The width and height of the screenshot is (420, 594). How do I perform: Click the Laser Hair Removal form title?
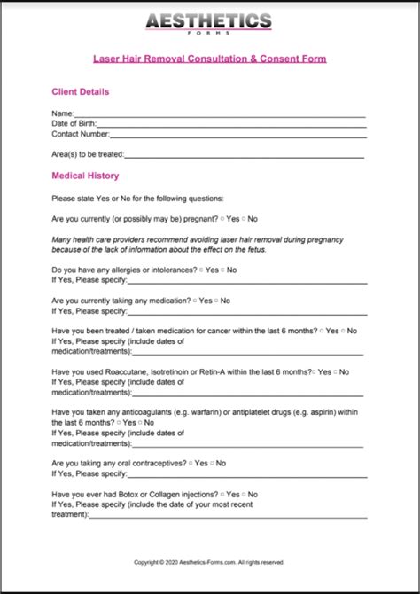[210, 59]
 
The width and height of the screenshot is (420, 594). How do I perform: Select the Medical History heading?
[85, 176]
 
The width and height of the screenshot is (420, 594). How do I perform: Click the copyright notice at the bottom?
[209, 561]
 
